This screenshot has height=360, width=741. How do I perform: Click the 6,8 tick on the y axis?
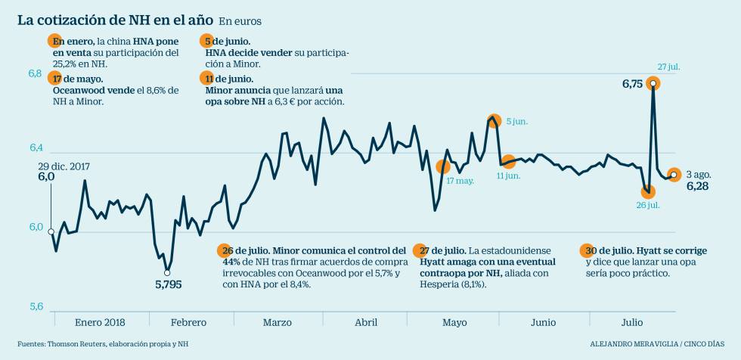pyautogui.click(x=36, y=73)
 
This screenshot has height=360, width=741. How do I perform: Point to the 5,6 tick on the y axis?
pyautogui.click(x=36, y=307)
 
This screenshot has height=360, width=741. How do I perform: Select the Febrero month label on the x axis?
pyautogui.click(x=188, y=322)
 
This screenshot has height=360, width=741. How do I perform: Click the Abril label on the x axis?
pyautogui.click(x=366, y=322)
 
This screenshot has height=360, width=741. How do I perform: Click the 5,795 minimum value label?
pyautogui.click(x=168, y=285)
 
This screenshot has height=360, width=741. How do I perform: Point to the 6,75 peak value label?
pyautogui.click(x=632, y=85)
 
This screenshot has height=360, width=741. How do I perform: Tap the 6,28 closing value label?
pyautogui.click(x=697, y=186)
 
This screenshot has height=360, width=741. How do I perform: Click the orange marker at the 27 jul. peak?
pyautogui.click(x=653, y=83)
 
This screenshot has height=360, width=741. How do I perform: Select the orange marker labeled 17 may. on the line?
pyautogui.click(x=444, y=166)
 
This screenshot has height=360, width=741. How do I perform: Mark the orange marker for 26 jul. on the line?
pyautogui.click(x=647, y=191)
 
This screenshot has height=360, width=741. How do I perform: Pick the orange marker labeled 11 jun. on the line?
pyautogui.click(x=509, y=162)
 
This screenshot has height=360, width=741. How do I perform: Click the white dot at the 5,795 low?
pyautogui.click(x=167, y=272)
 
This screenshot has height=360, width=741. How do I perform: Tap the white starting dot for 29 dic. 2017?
pyautogui.click(x=51, y=231)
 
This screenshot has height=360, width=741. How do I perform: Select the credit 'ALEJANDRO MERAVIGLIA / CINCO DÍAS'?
pyautogui.click(x=656, y=343)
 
